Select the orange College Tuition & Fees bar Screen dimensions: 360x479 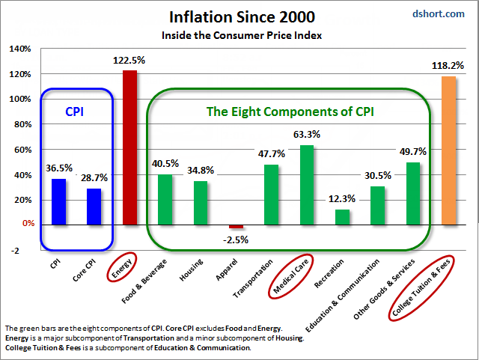(x=448, y=150)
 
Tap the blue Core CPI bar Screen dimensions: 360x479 (x=94, y=206)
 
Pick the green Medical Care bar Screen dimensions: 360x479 (x=307, y=184)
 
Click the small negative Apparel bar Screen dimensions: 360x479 (x=236, y=226)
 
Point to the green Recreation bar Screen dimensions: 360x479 (x=342, y=216)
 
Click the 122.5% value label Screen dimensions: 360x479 (x=129, y=60)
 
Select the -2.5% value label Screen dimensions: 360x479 (x=237, y=240)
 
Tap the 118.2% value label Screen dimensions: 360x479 (x=448, y=66)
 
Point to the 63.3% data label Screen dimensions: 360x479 (x=307, y=135)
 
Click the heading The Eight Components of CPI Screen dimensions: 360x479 (x=290, y=112)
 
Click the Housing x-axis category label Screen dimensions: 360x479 (x=189, y=269)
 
